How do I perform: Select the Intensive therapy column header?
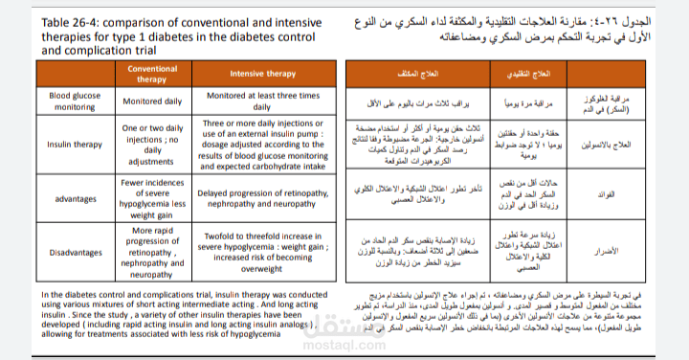(x=261, y=75)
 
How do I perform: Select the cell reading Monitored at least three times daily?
(x=261, y=101)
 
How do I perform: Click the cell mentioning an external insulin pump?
(x=261, y=145)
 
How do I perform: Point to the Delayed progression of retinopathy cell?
(x=261, y=199)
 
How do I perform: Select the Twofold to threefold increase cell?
(x=261, y=254)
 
